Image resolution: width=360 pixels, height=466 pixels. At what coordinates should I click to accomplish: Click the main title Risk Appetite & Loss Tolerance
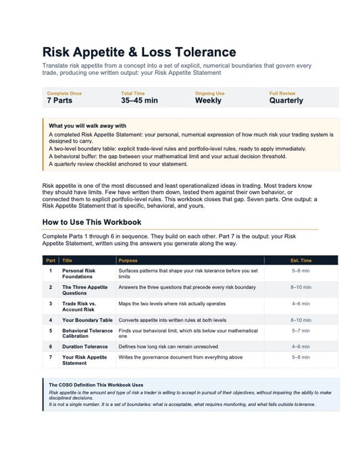click(x=139, y=52)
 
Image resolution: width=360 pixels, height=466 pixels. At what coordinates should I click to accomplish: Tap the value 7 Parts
click(x=59, y=101)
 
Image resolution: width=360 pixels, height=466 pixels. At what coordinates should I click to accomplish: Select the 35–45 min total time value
click(x=139, y=101)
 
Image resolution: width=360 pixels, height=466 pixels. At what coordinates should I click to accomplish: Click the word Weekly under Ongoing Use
click(x=208, y=101)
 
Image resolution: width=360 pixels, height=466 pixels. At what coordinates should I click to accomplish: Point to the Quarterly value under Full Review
click(x=286, y=101)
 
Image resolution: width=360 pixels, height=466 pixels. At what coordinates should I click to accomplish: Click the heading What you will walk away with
click(x=87, y=126)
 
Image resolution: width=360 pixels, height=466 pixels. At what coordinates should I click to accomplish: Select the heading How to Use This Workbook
click(x=91, y=222)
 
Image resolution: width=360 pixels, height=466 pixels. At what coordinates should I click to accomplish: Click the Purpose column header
click(x=128, y=260)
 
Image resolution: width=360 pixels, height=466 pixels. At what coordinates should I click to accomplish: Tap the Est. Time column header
click(x=301, y=260)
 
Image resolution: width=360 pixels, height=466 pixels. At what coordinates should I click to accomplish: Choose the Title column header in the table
click(x=68, y=260)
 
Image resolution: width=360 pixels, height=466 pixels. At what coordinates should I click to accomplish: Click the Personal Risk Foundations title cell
click(x=78, y=274)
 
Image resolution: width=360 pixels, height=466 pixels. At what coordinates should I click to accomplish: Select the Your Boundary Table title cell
click(x=87, y=320)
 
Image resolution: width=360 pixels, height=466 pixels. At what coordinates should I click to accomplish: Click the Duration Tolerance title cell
click(x=84, y=346)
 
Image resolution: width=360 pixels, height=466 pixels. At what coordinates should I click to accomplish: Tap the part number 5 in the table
click(x=51, y=331)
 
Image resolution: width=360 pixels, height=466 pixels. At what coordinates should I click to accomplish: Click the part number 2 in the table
click(x=51, y=287)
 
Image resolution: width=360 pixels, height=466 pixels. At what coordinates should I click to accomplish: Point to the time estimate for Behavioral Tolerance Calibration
click(x=301, y=331)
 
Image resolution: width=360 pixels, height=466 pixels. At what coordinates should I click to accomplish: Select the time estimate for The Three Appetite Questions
click(x=301, y=287)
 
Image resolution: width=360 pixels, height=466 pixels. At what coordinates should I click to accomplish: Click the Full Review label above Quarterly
click(x=282, y=93)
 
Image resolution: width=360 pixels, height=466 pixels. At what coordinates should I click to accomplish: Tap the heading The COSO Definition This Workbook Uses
click(x=96, y=385)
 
